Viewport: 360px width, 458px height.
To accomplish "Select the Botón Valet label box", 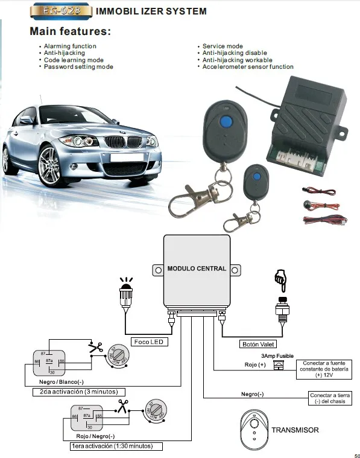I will coord(257,344).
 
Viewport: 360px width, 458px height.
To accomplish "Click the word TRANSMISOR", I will coord(295,430).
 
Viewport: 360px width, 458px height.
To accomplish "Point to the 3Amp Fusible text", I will coord(278,357).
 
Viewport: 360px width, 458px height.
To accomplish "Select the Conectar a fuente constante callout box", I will coord(325,369).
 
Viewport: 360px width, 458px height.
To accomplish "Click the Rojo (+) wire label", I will coord(254,365).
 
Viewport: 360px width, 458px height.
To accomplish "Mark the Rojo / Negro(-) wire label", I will coord(94,436).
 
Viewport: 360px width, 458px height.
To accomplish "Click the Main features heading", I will coord(71,31).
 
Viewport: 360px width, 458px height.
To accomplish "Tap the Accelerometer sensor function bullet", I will coord(248,67).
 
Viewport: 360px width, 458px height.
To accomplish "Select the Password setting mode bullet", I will coord(78,67).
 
